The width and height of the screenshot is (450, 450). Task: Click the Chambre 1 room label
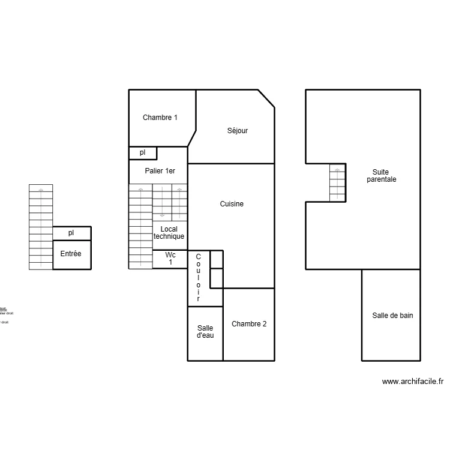160,118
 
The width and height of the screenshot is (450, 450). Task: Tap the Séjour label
237,131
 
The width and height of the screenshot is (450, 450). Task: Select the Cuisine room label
232,204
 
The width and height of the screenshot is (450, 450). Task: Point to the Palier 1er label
160,171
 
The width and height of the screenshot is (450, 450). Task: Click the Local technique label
169,233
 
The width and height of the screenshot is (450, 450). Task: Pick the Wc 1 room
170,259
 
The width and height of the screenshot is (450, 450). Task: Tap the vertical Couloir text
198,278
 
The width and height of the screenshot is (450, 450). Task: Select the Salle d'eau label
205,332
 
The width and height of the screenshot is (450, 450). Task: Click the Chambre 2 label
249,324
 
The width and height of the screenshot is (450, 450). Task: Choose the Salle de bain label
392,315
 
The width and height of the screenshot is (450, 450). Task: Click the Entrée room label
71,254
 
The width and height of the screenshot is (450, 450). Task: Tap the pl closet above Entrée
71,233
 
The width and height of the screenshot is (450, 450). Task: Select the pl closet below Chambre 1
143,153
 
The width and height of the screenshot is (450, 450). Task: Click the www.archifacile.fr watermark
412,381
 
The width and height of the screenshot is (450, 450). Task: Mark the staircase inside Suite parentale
337,182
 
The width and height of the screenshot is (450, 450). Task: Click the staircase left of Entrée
41,227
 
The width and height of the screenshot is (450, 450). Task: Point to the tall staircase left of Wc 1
140,227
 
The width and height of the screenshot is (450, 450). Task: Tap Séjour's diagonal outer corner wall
266,99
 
